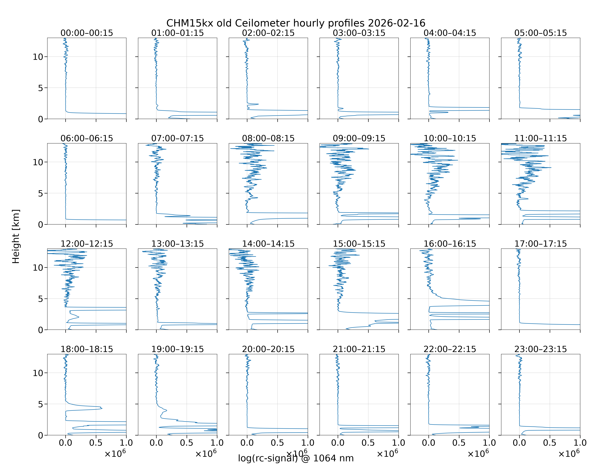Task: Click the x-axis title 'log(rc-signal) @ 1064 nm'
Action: tap(296, 458)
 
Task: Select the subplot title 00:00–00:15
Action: tap(87, 33)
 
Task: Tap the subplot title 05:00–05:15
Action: tap(541, 33)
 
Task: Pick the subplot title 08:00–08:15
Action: tap(268, 138)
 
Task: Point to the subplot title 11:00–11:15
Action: tap(541, 138)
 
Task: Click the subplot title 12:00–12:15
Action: tap(87, 244)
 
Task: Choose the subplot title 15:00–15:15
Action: tap(359, 244)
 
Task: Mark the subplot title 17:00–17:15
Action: tap(541, 244)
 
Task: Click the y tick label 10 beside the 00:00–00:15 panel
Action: tap(38, 57)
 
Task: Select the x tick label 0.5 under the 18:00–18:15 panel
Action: tap(96, 443)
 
